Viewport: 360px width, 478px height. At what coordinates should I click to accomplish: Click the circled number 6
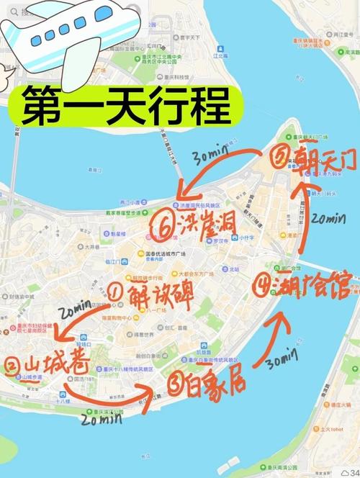click(163, 227)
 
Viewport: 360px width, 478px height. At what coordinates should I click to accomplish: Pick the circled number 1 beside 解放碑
click(115, 292)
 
